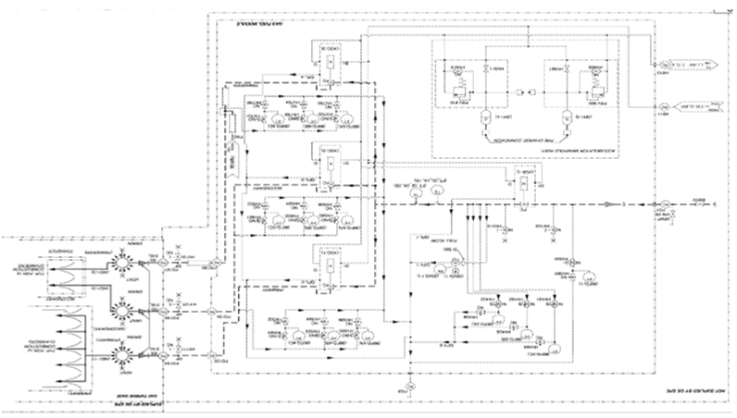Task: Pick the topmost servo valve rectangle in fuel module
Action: click(x=329, y=61)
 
